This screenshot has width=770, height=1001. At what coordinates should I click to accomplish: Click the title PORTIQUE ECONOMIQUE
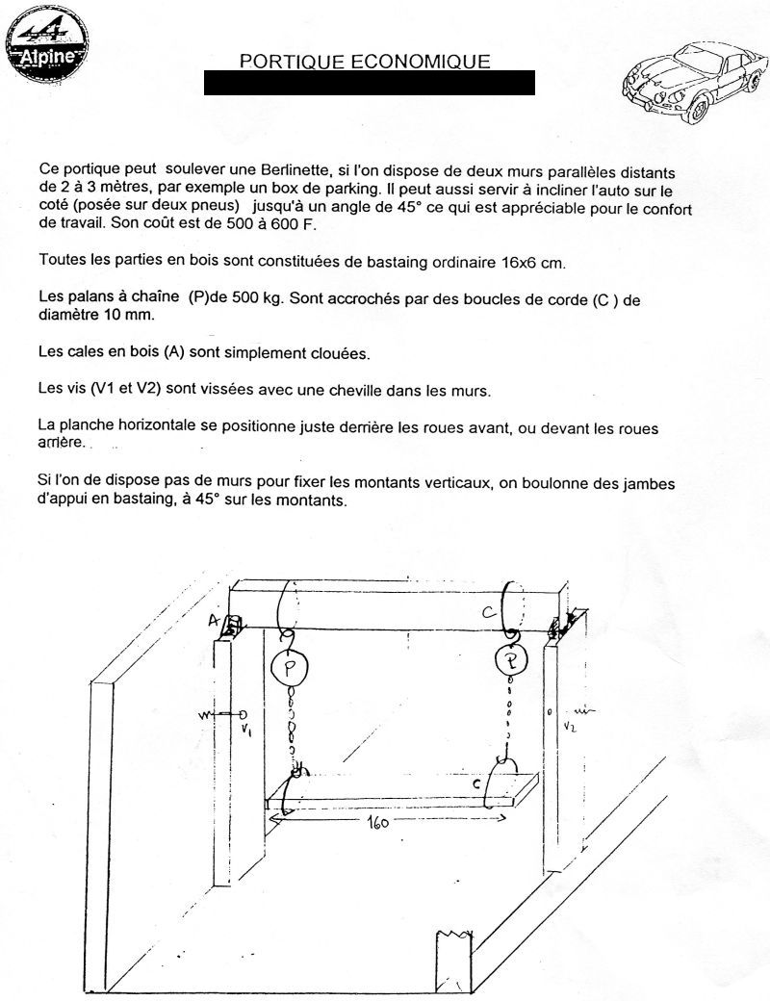[x=365, y=61]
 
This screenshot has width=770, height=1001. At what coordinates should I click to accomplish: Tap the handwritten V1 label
[x=247, y=728]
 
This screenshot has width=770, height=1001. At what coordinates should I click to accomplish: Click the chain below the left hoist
[x=290, y=727]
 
